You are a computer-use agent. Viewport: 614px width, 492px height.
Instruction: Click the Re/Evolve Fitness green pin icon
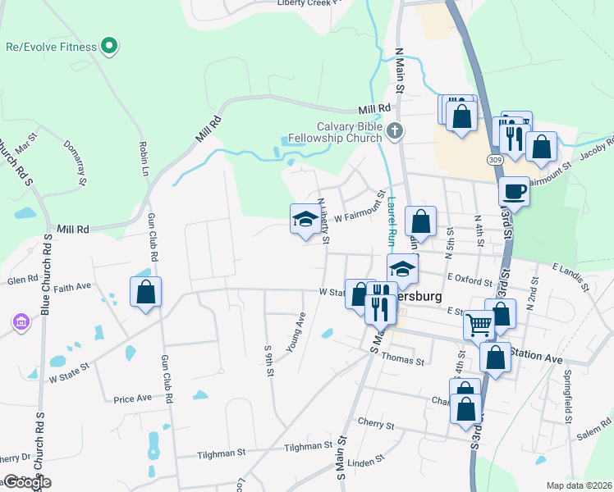pyautogui.click(x=108, y=46)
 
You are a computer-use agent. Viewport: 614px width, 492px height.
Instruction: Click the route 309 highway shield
pyautogui.click(x=496, y=157)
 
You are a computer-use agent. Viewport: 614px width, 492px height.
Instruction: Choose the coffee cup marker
pyautogui.click(x=514, y=191)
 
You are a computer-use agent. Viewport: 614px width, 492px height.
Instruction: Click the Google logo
pyautogui.click(x=27, y=482)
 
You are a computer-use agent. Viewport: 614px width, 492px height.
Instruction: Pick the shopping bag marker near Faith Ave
pyautogui.click(x=145, y=291)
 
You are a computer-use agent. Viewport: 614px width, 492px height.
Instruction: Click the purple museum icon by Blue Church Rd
pyautogui.click(x=20, y=323)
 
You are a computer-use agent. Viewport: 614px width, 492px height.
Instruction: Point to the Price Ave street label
pyautogui.click(x=133, y=399)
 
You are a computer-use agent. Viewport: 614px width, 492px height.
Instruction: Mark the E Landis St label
pyautogui.click(x=570, y=277)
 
